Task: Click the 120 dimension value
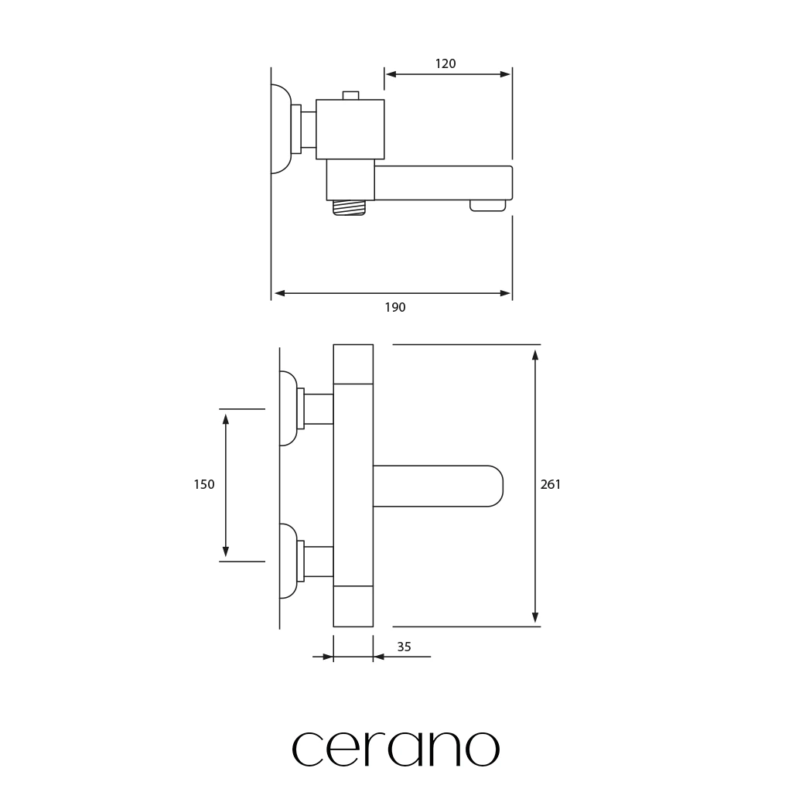point(445,63)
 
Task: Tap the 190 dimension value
point(395,307)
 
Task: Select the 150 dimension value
point(204,484)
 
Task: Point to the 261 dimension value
point(551,484)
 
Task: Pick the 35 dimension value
point(404,647)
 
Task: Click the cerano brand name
point(396,749)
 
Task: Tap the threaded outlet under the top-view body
point(349,207)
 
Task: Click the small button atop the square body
point(350,95)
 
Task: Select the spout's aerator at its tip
point(487,206)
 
